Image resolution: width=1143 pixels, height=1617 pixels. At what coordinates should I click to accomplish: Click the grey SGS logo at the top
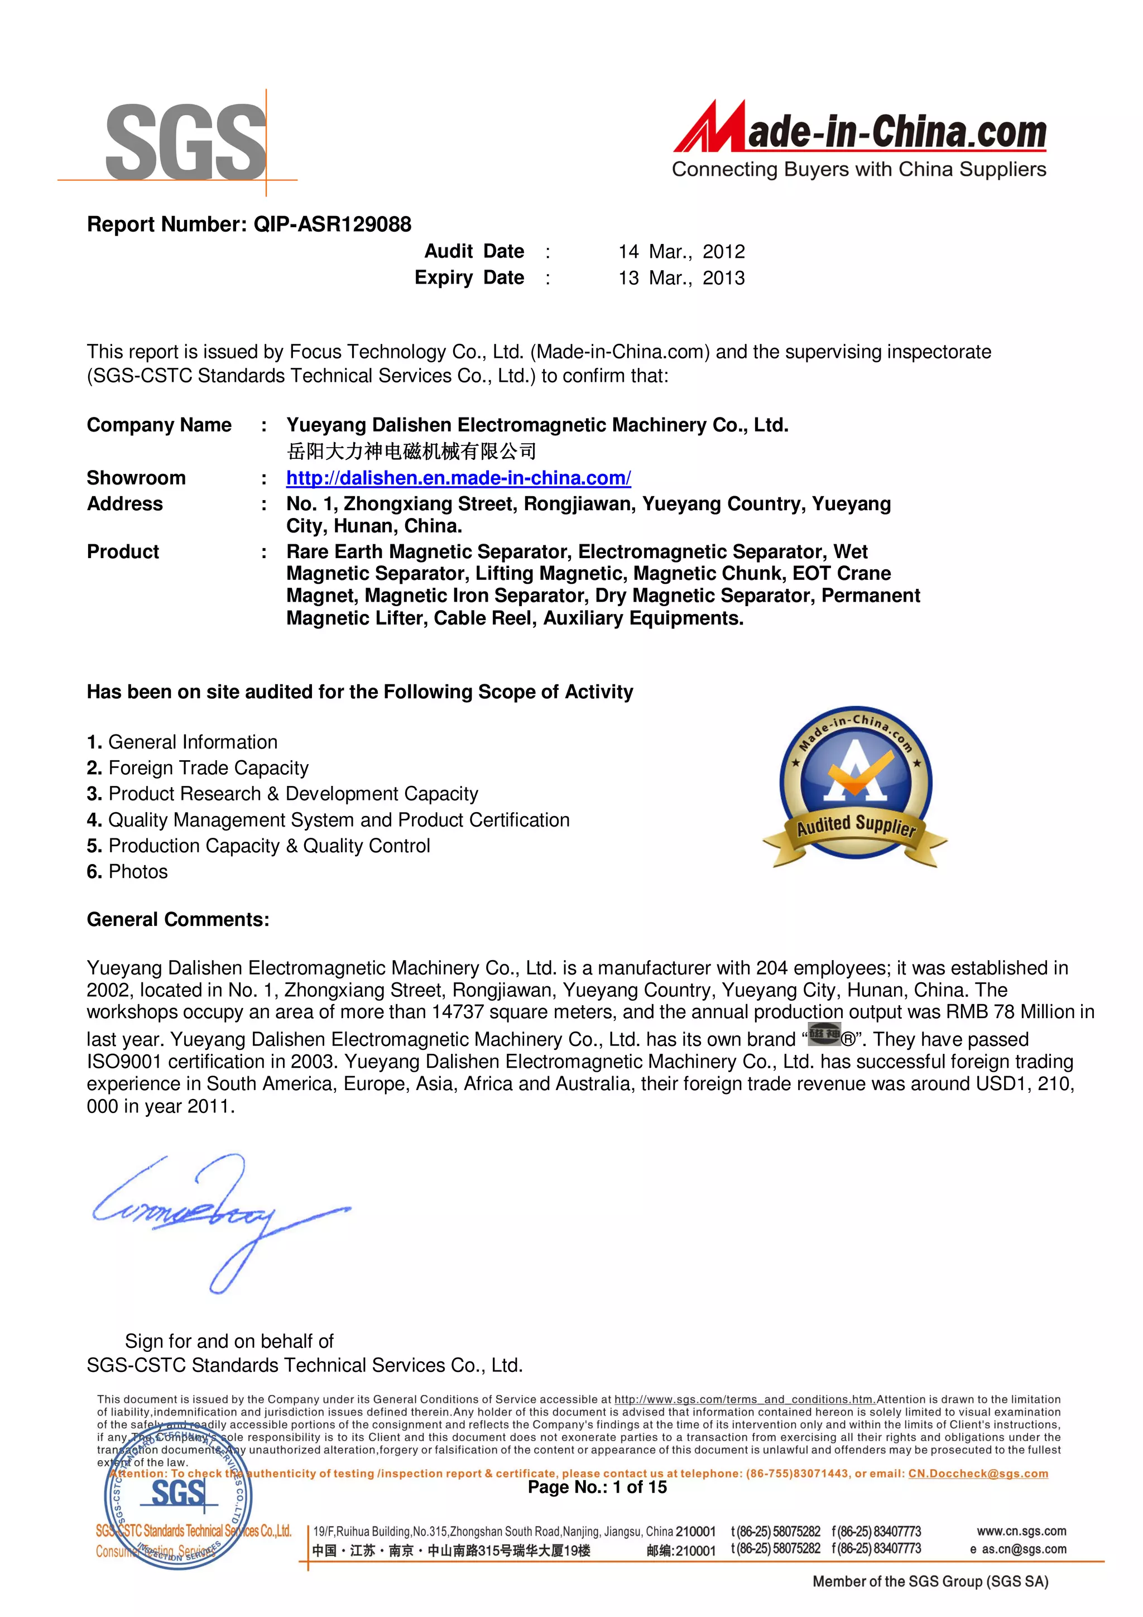(185, 141)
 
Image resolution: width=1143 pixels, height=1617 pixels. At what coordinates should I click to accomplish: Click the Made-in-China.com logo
(859, 140)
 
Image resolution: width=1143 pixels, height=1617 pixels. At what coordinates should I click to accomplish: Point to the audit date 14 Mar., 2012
(681, 251)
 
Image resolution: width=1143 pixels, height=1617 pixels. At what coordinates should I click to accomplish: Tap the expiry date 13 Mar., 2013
(681, 277)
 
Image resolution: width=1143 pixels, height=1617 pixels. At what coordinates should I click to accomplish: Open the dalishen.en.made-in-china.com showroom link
(458, 478)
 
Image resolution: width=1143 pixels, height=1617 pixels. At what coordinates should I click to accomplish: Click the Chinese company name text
(411, 452)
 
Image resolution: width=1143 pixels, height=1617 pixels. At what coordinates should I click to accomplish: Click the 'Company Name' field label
(159, 425)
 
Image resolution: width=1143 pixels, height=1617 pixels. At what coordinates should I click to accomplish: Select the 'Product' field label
(123, 551)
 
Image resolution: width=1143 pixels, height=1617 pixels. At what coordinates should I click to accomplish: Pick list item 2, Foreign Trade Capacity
(198, 767)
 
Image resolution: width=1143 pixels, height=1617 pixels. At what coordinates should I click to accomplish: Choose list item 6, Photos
(127, 872)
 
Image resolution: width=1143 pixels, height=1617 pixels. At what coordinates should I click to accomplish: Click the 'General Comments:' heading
(177, 920)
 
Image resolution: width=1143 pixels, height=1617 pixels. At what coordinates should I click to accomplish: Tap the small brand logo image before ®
(823, 1035)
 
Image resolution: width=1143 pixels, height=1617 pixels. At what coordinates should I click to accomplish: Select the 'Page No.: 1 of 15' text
(597, 1488)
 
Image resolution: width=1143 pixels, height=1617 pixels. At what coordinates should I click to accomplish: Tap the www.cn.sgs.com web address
(1021, 1531)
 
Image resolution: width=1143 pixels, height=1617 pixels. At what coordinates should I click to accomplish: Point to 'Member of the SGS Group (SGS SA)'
(930, 1582)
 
